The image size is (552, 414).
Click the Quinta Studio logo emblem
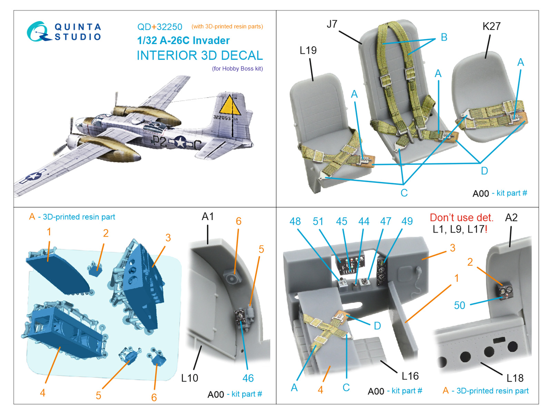tap(37, 32)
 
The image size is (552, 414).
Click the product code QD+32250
tap(159, 27)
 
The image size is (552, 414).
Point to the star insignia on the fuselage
tap(180, 142)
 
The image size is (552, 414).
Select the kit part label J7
tap(332, 24)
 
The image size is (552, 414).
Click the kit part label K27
tap(491, 27)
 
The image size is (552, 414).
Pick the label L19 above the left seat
tap(308, 51)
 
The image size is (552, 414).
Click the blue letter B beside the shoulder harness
tap(444, 37)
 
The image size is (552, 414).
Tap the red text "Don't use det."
tap(461, 218)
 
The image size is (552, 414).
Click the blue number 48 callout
tap(295, 221)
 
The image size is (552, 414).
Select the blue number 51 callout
tap(318, 221)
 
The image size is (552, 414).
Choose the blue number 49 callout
tap(407, 221)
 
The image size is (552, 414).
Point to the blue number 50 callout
tap(459, 305)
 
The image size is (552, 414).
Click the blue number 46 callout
tap(248, 378)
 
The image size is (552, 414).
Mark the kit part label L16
tap(410, 376)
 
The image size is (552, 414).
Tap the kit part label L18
tap(515, 378)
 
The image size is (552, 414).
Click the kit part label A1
tap(208, 217)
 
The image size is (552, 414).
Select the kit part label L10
tap(189, 378)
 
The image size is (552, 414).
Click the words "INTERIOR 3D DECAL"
tap(200, 56)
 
